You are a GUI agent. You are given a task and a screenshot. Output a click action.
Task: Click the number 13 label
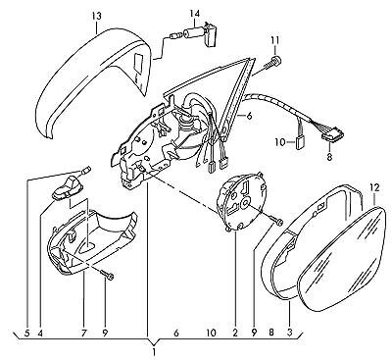click(97, 16)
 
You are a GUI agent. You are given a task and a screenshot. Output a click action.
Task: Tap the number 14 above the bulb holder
click(194, 14)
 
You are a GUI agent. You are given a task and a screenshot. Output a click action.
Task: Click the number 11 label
click(274, 40)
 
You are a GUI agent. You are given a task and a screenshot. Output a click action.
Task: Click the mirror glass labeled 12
click(341, 258)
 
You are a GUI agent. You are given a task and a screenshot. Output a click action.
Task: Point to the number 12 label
click(374, 187)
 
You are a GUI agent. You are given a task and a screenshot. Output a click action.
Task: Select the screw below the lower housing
click(108, 275)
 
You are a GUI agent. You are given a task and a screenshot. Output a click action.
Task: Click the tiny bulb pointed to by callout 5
click(87, 170)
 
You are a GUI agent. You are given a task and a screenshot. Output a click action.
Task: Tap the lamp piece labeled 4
click(68, 188)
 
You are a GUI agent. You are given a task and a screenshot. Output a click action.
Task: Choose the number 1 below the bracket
click(154, 353)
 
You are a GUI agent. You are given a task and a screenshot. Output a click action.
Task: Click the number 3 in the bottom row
click(289, 334)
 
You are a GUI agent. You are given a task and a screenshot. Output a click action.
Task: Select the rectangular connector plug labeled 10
click(299, 142)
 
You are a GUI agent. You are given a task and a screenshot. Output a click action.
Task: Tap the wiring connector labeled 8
click(332, 134)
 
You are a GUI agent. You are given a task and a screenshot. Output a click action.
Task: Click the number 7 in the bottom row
click(83, 334)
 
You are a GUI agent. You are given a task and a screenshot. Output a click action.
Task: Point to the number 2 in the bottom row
click(235, 334)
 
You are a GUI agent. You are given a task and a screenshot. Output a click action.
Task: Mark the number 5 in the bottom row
click(27, 334)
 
